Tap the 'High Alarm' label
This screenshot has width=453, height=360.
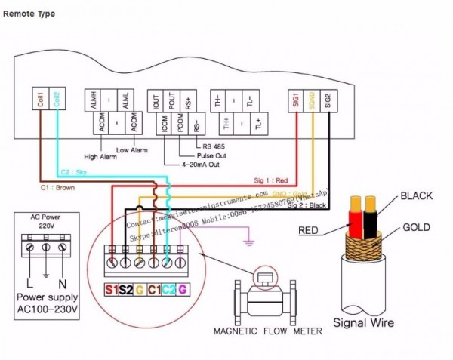(x=100, y=158)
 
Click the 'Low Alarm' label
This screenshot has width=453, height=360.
(x=133, y=149)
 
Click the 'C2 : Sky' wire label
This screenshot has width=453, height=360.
(x=74, y=173)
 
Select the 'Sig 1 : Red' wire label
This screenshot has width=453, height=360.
(x=270, y=181)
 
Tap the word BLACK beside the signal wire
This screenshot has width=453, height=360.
(x=415, y=196)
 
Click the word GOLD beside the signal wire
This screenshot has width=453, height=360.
(x=417, y=226)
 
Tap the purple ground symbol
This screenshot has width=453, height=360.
(x=246, y=242)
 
